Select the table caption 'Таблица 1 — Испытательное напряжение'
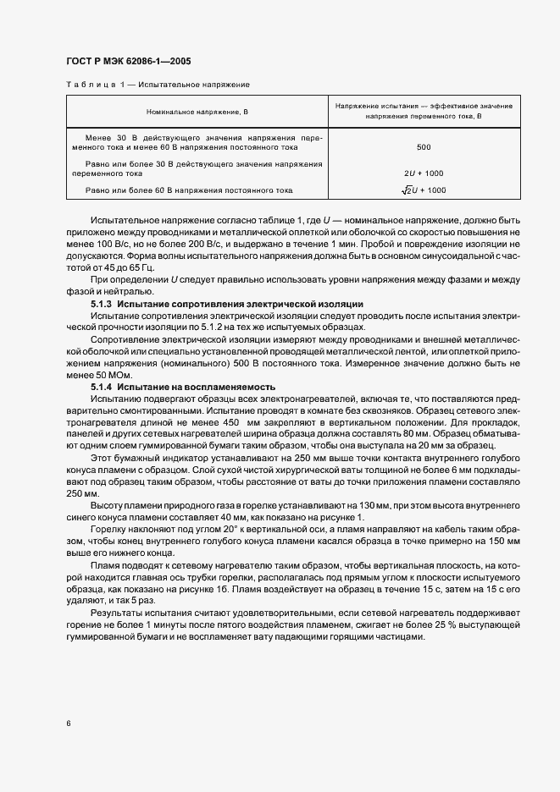pos(158,85)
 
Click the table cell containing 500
pos(424,146)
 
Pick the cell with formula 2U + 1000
pos(424,173)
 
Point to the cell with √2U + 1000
pos(423,190)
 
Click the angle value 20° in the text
pos(199,529)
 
